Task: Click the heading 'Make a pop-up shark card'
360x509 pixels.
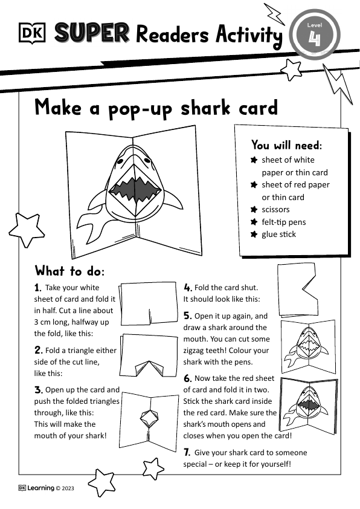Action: (156, 107)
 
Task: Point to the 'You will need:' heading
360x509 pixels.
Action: (287, 145)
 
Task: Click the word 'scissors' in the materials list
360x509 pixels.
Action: (275, 209)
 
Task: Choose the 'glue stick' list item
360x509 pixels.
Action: (278, 234)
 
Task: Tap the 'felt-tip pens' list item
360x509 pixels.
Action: (283, 222)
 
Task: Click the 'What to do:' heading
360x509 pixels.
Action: (69, 270)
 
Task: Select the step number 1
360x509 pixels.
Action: (38, 288)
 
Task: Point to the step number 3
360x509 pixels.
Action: (38, 390)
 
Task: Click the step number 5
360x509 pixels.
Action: (187, 316)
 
